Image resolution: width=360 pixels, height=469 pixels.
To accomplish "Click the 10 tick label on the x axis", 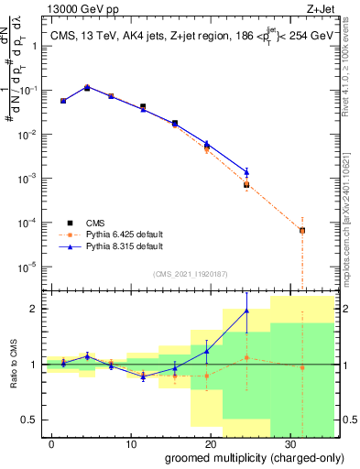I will pyautogui.click(x=131, y=443).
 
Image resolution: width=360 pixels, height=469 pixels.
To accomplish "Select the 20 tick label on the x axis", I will pyautogui.click(x=210, y=443).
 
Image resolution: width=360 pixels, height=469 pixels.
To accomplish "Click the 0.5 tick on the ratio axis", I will pyautogui.click(x=36, y=420).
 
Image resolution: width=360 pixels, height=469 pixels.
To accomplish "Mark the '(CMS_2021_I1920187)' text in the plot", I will pyautogui.click(x=191, y=273).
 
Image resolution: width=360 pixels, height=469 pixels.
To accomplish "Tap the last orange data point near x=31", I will pyautogui.click(x=302, y=230).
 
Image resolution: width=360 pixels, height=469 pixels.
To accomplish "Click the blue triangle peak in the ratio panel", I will pyautogui.click(x=246, y=311).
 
